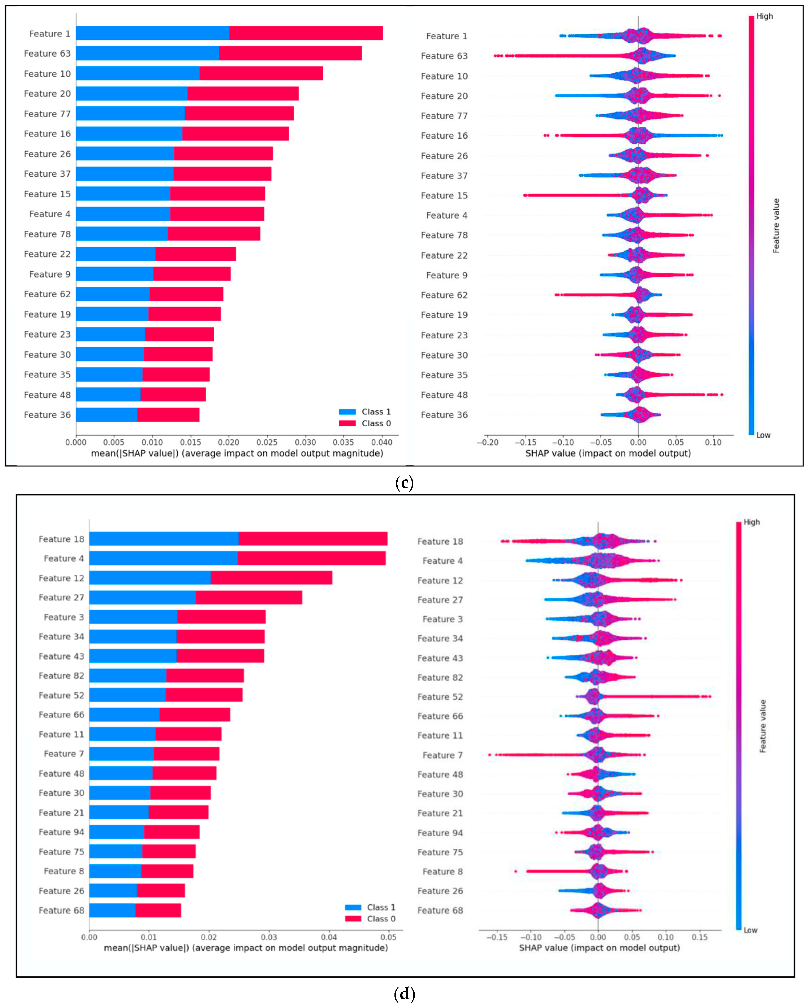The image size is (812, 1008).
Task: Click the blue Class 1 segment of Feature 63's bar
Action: click(x=147, y=53)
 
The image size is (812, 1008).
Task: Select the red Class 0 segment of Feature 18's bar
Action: click(x=313, y=539)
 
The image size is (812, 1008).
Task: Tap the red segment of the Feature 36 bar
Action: click(x=168, y=415)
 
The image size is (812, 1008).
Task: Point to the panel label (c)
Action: click(x=405, y=483)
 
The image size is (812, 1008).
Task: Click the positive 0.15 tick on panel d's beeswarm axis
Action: click(x=700, y=938)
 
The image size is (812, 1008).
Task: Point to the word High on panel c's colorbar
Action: click(x=765, y=16)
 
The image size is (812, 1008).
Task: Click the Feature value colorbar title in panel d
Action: click(x=763, y=726)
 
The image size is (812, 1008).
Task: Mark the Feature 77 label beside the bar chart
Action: click(x=47, y=114)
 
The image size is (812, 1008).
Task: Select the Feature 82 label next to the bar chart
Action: click(x=61, y=675)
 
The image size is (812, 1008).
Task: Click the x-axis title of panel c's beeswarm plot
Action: click(x=608, y=453)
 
